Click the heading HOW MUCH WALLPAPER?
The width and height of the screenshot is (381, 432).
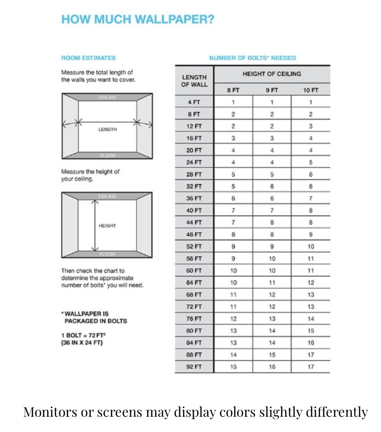pos(138,20)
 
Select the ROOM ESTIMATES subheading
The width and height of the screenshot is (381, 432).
pos(88,58)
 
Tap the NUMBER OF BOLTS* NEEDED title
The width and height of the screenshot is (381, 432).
pos(252,58)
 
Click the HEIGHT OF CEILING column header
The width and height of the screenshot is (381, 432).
pos(271,74)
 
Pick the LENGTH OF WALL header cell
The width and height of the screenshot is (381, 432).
pos(194,81)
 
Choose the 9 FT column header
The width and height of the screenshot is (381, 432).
pos(271,90)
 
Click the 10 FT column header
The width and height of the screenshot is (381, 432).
pos(311,90)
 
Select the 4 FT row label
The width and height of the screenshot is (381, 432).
pos(194,102)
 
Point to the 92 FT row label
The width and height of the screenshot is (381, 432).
pos(194,367)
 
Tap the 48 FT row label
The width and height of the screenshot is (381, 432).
pos(194,235)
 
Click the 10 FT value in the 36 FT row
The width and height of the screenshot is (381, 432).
pos(311,198)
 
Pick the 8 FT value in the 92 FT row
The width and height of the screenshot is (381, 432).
pos(233,367)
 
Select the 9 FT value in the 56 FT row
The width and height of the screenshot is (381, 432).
pos(271,258)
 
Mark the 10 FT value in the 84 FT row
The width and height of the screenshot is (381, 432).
pos(311,343)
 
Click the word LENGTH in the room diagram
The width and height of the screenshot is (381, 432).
pos(107,129)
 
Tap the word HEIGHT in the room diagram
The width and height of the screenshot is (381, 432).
pos(107,226)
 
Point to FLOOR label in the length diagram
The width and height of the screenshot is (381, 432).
pos(107,155)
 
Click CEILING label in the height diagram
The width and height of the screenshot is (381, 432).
pos(107,196)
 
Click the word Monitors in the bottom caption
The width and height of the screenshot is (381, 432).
pos(47,411)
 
